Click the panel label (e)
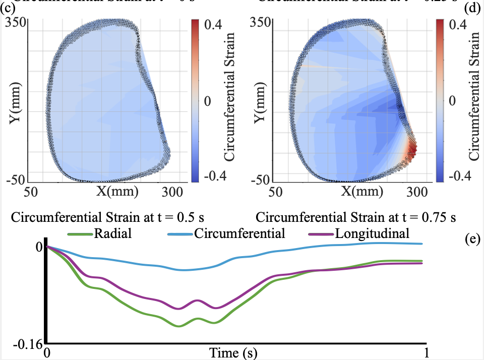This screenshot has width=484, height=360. point(473,240)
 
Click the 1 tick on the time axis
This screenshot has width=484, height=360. point(427,351)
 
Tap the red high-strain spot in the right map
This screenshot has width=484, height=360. point(412,149)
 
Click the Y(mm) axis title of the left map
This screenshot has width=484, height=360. point(15,102)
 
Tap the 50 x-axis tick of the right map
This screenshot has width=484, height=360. point(275,192)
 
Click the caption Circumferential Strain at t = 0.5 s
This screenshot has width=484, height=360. point(110,218)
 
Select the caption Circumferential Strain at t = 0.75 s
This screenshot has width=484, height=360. point(356,218)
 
